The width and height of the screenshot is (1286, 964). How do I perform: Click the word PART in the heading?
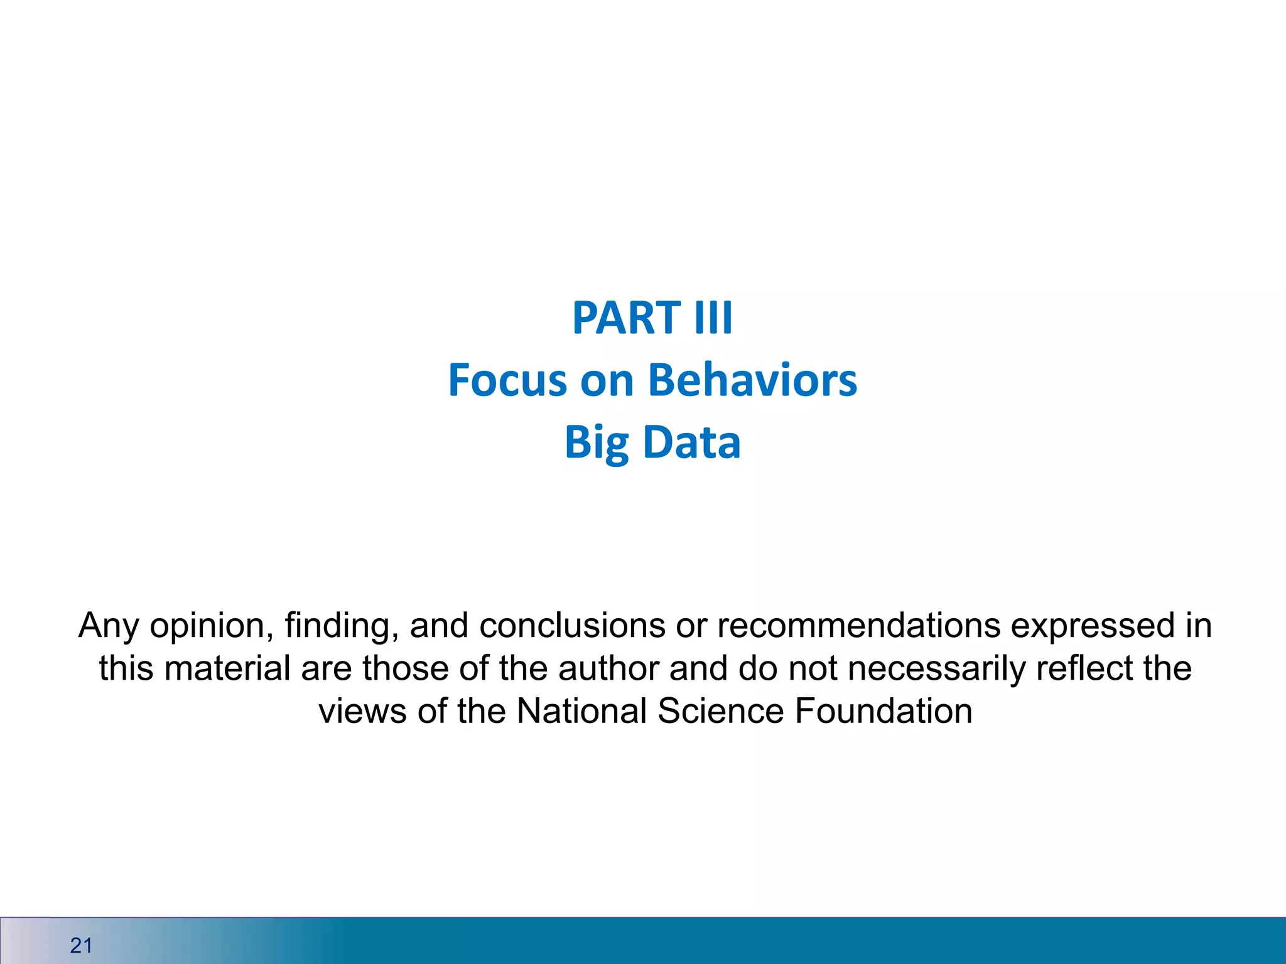626,318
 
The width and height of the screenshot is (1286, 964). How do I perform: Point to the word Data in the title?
692,443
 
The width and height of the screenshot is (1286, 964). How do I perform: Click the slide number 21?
82,945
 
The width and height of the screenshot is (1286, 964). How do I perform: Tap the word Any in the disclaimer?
108,626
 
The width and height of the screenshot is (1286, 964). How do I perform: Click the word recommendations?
858,626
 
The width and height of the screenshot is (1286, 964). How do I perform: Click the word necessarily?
936,668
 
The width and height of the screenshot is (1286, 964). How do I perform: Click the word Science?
720,711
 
